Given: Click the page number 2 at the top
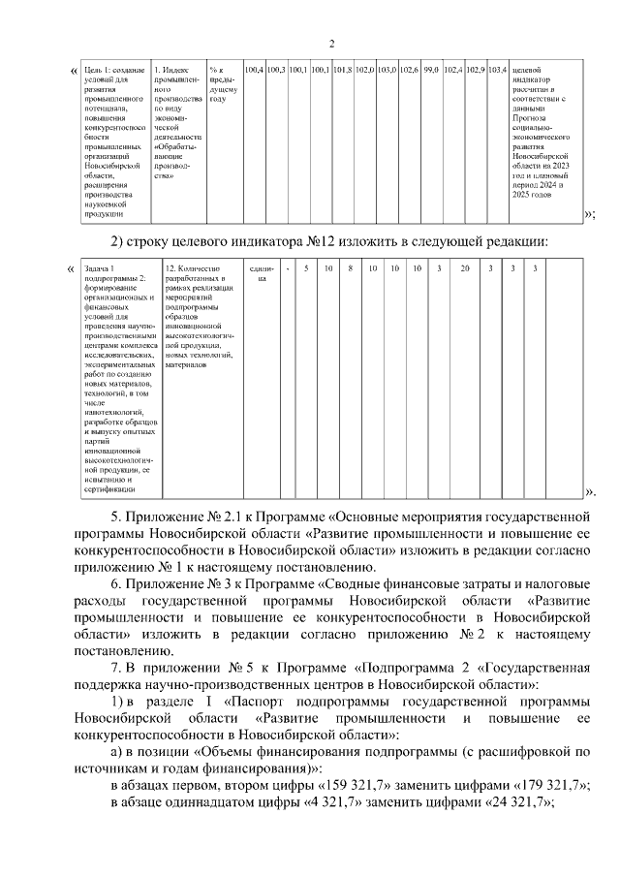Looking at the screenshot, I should click(x=331, y=44).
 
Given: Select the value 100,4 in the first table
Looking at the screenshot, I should click(x=255, y=70).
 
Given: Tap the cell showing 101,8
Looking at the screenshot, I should click(x=342, y=70).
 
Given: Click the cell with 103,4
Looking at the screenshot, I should click(x=497, y=70).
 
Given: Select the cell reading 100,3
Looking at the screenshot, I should click(x=276, y=70).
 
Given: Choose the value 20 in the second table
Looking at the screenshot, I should click(x=465, y=268).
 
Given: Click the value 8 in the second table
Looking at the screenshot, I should click(x=350, y=268).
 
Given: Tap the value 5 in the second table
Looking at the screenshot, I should click(x=306, y=268).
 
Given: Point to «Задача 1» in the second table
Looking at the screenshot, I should click(x=100, y=268).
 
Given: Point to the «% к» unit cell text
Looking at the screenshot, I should click(x=217, y=71).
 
